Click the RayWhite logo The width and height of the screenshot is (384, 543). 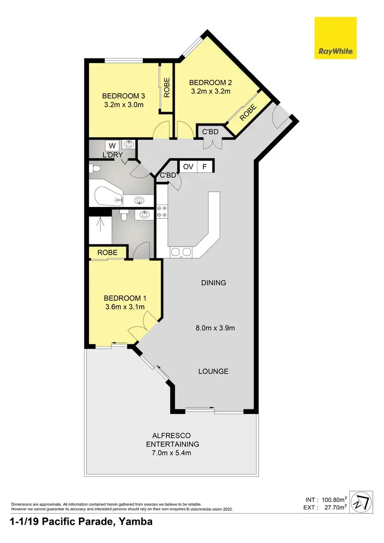[x=335, y=37]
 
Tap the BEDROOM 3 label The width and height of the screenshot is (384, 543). [x=123, y=96]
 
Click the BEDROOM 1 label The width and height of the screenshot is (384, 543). [x=125, y=298]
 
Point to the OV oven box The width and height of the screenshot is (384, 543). [x=188, y=166]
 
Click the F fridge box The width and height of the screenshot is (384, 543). [x=205, y=166]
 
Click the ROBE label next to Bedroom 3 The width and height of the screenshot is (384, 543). [x=167, y=87]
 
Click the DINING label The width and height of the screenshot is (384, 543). [x=214, y=283]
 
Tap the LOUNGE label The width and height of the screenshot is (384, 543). [x=214, y=371]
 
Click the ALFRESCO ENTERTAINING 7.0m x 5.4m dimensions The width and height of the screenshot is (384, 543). [x=173, y=453]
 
